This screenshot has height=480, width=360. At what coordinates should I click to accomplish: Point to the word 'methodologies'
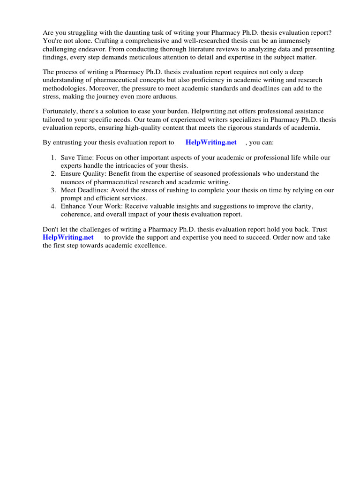tap(64, 88)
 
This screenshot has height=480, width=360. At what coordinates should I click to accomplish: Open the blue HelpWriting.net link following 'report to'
tap(211, 142)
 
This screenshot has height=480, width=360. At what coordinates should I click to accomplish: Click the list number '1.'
tap(54, 158)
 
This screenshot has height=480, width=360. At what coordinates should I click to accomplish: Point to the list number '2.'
tap(54, 174)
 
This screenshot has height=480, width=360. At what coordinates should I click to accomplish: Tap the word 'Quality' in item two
tap(94, 174)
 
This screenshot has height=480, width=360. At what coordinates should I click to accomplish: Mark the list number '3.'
tap(54, 190)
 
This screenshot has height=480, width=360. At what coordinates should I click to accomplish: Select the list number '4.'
tap(54, 206)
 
